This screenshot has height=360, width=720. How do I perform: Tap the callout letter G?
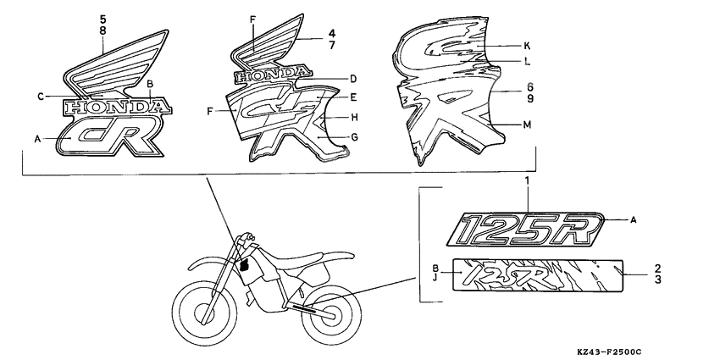[x=353, y=136]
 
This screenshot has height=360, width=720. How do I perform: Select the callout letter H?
[x=353, y=117]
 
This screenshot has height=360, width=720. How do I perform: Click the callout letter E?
[x=353, y=98]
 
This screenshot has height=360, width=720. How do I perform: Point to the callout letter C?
[x=40, y=97]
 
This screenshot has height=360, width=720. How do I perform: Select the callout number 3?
[x=657, y=278]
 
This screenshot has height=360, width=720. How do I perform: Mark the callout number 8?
[x=102, y=30]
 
